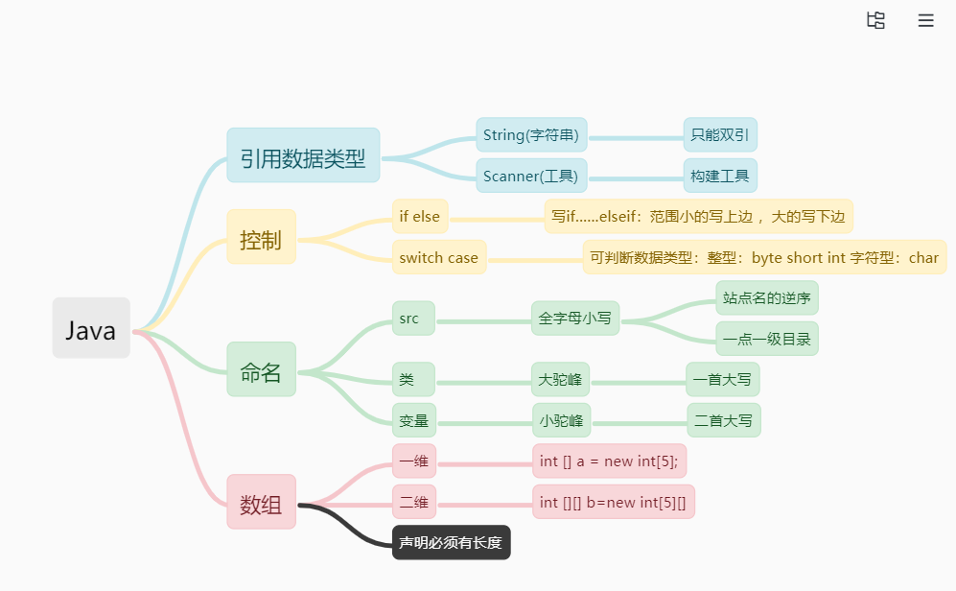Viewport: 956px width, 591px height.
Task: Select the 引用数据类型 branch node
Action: click(x=303, y=155)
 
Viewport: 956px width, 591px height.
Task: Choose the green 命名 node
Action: click(x=261, y=369)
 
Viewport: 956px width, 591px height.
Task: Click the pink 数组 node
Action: click(x=261, y=502)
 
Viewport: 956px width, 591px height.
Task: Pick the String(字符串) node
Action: click(x=531, y=134)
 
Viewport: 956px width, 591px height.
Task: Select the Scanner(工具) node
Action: click(x=531, y=176)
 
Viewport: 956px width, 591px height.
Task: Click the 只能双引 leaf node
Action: click(x=720, y=134)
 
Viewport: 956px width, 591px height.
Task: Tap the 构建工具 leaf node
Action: click(x=720, y=176)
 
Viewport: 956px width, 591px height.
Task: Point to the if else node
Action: click(x=420, y=216)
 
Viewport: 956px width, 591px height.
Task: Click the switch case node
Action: click(x=439, y=257)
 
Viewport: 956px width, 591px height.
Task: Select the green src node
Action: click(x=412, y=319)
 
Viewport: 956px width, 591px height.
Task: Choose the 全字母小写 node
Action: click(x=575, y=319)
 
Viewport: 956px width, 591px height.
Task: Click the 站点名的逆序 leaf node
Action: click(x=766, y=297)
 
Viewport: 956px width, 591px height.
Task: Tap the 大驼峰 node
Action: click(x=561, y=380)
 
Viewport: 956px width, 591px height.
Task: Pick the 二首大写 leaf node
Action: click(x=723, y=420)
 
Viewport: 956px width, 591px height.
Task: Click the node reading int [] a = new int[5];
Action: click(x=609, y=461)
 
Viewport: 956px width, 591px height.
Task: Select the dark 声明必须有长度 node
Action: click(x=451, y=543)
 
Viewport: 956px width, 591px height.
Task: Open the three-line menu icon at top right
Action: click(x=925, y=20)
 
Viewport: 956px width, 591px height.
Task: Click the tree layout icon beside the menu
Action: click(x=875, y=20)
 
